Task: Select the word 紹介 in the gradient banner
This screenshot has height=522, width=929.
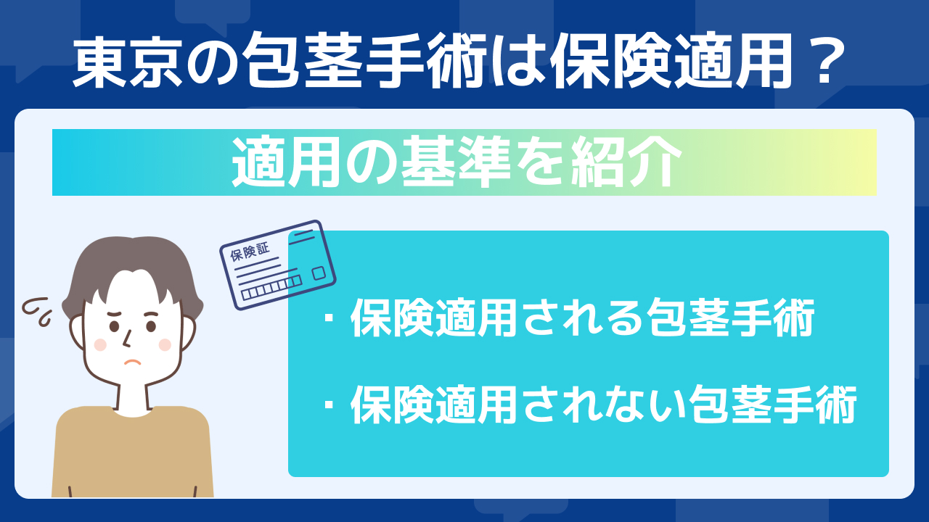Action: [x=626, y=162]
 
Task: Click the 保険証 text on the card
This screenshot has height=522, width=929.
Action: [x=250, y=252]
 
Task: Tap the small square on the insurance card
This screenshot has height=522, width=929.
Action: [x=319, y=273]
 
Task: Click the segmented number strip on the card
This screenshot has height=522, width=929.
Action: [x=271, y=288]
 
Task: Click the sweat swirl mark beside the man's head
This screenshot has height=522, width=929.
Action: [x=36, y=311]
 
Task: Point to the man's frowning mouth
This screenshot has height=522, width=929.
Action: [x=133, y=362]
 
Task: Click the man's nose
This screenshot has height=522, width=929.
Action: [x=127, y=338]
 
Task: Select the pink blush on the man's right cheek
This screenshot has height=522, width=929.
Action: [x=100, y=344]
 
